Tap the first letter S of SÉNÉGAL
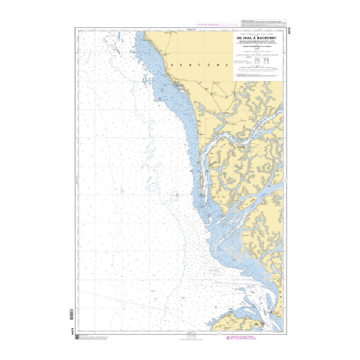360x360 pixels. (x=172, y=65)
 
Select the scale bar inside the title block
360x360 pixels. (x=258, y=69)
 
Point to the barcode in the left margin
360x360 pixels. (x=72, y=313)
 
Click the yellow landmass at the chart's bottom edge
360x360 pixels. (x=234, y=322)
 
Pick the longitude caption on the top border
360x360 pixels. (x=193, y=29)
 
